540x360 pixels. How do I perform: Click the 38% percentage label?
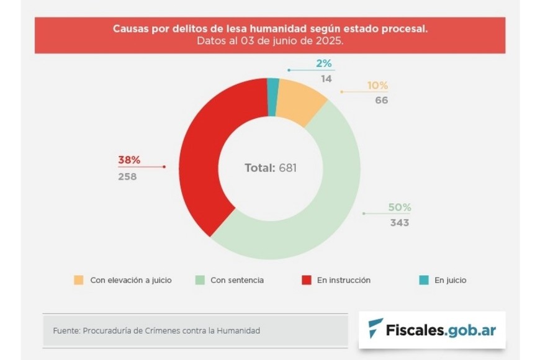coord(129,160)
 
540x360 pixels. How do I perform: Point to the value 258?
coord(127,176)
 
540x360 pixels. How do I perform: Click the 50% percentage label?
coord(400,207)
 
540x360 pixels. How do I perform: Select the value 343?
coord(399,222)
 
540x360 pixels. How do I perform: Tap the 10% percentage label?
coord(377,85)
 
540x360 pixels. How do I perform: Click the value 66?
coord(381,100)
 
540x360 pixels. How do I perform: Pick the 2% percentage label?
coord(324,64)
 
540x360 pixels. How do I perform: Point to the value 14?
coord(326,79)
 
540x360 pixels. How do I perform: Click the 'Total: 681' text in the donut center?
coord(270,168)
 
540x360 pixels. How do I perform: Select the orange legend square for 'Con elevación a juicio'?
coord(78,280)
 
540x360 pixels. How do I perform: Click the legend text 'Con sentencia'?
coord(236,280)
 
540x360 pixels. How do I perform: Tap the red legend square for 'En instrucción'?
coord(306,280)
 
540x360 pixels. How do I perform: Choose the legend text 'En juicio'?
coord(450,280)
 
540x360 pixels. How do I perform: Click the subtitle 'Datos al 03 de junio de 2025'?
coord(269,41)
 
